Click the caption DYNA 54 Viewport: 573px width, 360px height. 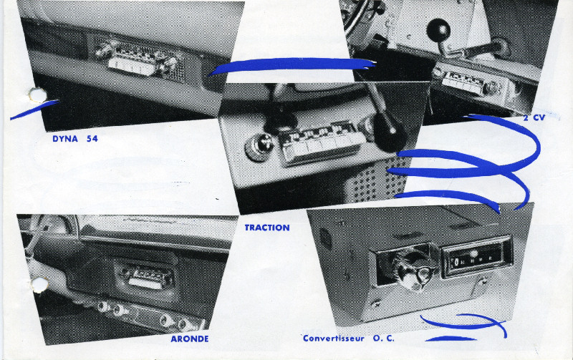(x=75, y=139)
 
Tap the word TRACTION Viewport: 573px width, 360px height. (x=267, y=228)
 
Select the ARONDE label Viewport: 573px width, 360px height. (x=190, y=339)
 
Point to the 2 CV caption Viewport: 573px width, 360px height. (x=534, y=117)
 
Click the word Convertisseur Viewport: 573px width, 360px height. (x=334, y=339)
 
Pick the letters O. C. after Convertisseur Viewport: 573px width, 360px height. (x=384, y=339)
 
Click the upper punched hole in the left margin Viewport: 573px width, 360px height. (x=38, y=95)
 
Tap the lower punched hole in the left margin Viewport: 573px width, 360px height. (x=39, y=284)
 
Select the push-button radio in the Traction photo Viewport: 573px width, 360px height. (x=322, y=143)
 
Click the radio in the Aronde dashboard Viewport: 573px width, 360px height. (x=148, y=277)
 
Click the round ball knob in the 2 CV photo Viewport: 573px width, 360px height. (x=438, y=30)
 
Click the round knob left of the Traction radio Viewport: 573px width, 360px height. (x=259, y=146)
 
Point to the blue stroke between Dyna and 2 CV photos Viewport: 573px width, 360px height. (x=292, y=65)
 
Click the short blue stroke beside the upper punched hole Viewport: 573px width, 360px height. (x=34, y=110)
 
